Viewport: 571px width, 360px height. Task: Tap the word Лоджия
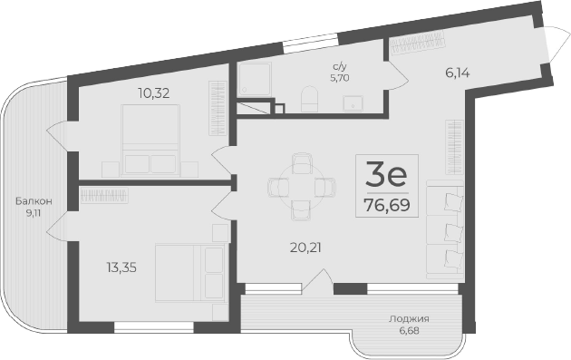(x=409, y=319)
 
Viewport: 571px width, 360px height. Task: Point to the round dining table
(x=298, y=186)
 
